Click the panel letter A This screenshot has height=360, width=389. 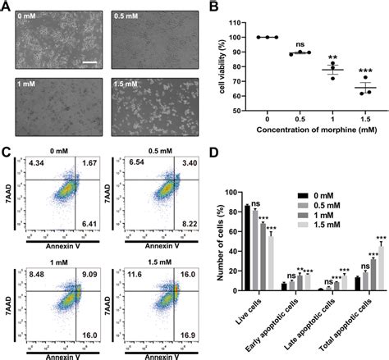coord(7,7)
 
